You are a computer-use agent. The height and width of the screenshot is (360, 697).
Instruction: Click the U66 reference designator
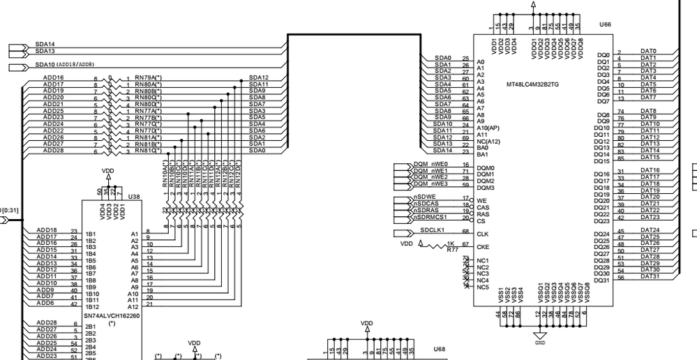tap(604, 24)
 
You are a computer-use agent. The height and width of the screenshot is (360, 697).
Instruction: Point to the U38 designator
tap(134, 197)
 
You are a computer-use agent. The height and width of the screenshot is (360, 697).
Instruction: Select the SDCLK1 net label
tap(432, 230)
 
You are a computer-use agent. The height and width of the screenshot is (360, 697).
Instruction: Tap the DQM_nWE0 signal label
tap(430, 165)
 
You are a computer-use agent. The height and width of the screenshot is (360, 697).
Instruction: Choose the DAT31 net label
tap(649, 276)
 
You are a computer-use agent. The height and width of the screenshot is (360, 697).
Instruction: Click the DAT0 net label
tap(648, 52)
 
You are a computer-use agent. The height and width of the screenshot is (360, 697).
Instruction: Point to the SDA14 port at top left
tap(45, 44)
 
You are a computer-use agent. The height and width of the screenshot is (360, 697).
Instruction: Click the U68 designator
tap(438, 348)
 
